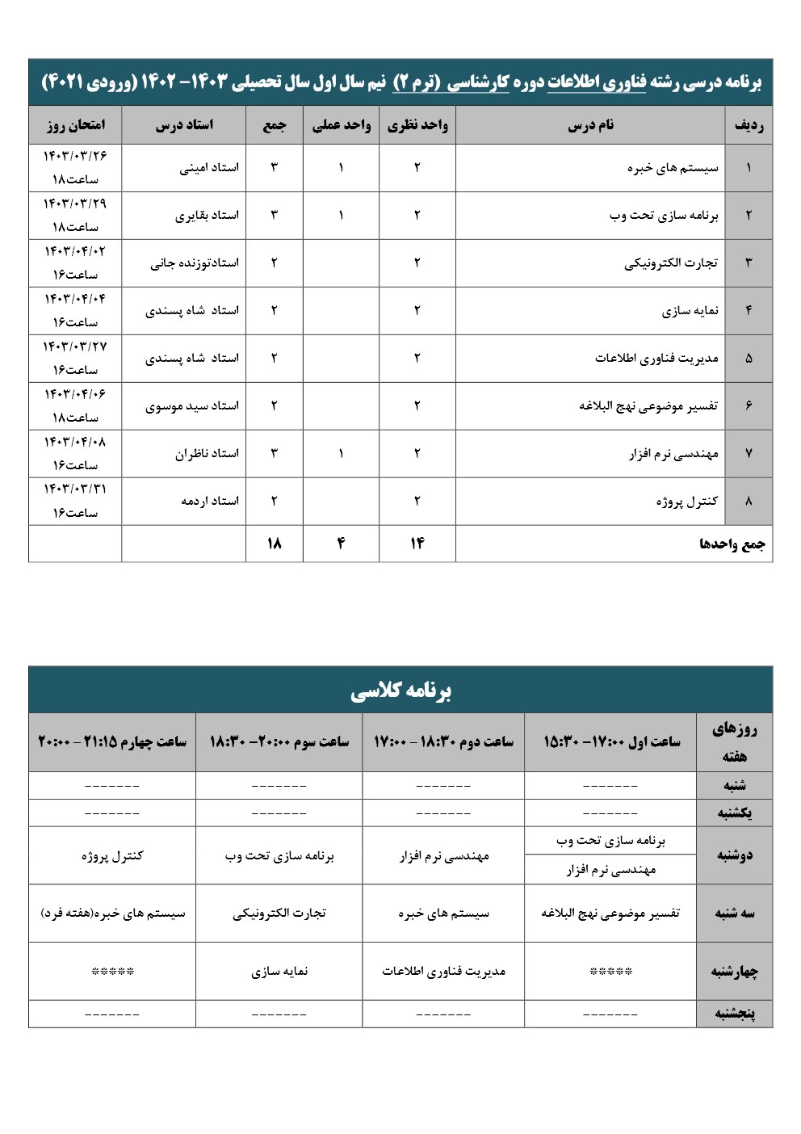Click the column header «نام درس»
[590, 125]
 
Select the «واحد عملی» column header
[341, 125]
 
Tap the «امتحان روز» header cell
[75, 125]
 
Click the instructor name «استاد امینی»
[209, 168]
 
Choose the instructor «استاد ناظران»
[207, 454]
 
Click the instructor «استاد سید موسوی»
[192, 406]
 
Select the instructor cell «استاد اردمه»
[210, 501]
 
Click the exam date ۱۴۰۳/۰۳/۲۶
[75, 156]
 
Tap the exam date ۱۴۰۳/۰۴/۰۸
[75, 442]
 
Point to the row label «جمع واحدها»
[732, 544]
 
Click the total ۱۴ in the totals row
[417, 544]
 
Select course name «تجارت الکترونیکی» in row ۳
[671, 263]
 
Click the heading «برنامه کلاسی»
[400, 691]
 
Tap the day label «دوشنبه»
[734, 855]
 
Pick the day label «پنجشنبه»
[734, 1014]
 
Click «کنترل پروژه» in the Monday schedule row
[112, 855]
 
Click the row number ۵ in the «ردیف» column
[749, 359]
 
